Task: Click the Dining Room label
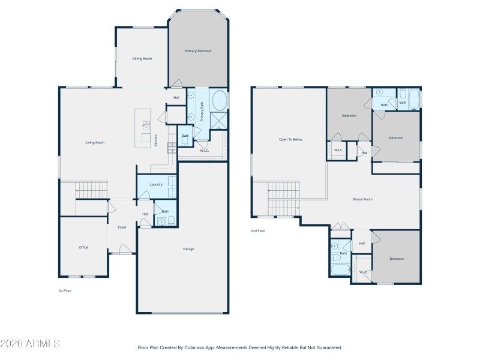click(x=142, y=59)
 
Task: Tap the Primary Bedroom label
click(x=198, y=51)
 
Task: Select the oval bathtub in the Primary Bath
click(x=220, y=99)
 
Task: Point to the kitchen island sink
click(x=146, y=125)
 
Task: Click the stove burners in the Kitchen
click(x=171, y=145)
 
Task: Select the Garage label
click(x=188, y=249)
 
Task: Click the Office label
click(x=83, y=247)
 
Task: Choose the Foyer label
click(x=122, y=227)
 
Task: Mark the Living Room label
click(x=95, y=142)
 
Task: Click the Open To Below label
click(x=290, y=139)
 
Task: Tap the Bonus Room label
click(x=362, y=199)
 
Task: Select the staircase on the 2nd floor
click(x=283, y=199)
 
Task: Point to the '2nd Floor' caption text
click(x=258, y=231)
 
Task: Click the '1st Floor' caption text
click(x=65, y=291)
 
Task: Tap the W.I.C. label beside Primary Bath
click(x=204, y=150)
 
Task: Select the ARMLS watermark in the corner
click(x=30, y=344)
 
